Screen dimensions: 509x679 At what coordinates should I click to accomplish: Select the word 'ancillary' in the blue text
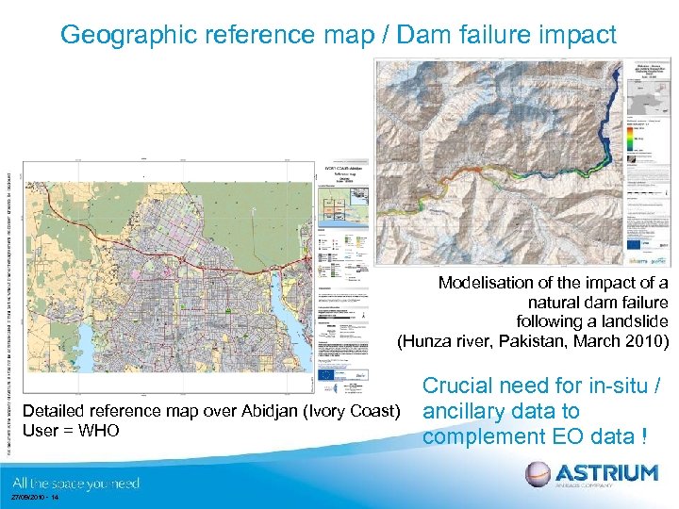[469, 411]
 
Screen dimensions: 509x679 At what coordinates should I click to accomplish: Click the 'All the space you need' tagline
[75, 483]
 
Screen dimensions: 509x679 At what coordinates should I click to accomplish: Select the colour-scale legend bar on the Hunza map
[630, 138]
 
